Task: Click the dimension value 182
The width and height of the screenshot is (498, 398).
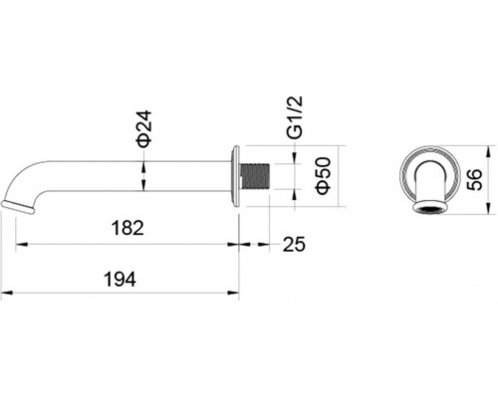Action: tap(125, 228)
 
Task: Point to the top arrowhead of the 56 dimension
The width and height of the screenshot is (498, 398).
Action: tap(487, 151)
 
